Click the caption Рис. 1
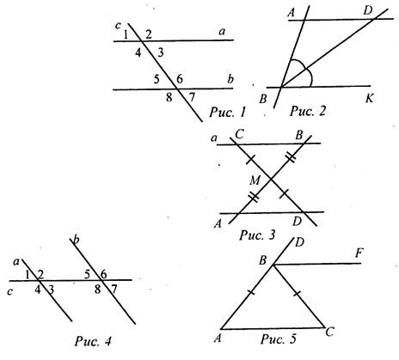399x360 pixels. coord(228,112)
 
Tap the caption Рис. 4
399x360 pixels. coord(93,341)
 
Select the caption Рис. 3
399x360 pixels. coord(257,235)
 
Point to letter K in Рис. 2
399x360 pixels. coord(370,99)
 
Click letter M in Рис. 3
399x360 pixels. coord(255,180)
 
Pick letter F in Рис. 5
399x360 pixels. coord(359,253)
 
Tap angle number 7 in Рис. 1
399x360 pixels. coord(192,98)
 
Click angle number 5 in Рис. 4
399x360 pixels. coord(88,274)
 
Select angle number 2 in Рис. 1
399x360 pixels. coord(149,34)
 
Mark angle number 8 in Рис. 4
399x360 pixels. coord(98,290)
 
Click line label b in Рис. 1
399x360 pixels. coord(230,79)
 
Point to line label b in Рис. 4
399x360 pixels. coord(76,240)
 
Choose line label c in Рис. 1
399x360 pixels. coord(118,26)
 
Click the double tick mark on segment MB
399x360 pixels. coord(291,157)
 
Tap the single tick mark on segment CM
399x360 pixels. coord(250,160)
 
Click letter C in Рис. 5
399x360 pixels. coord(329,333)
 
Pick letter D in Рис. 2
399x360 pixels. coord(367,11)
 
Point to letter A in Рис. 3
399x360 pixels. coord(218,223)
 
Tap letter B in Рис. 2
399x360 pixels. coord(263,99)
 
